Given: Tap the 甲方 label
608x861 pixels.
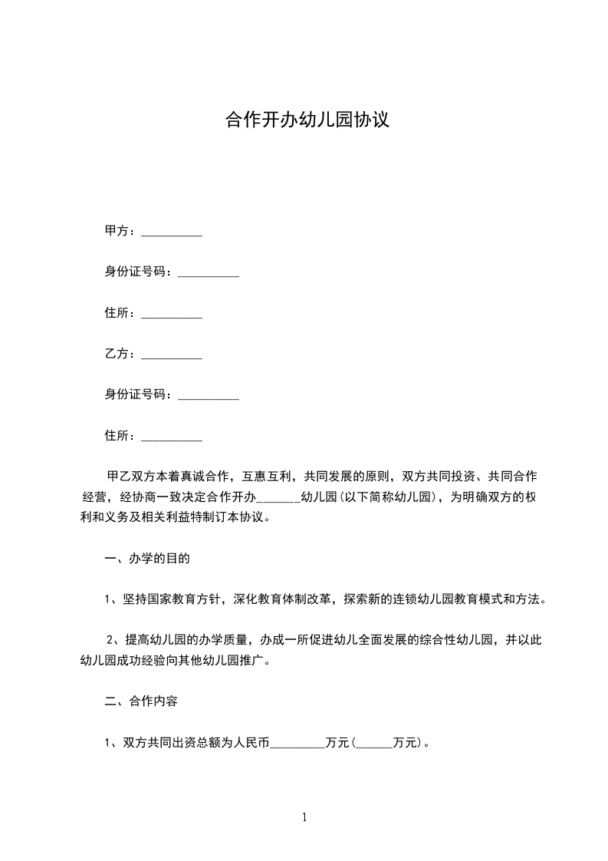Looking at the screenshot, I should coord(118,231).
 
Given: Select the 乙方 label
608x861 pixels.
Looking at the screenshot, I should coord(118,354).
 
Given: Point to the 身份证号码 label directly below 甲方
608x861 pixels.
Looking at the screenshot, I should coord(137,272).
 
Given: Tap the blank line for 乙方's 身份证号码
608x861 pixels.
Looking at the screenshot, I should coord(209,399).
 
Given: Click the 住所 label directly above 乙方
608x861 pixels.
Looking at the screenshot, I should coord(118,313).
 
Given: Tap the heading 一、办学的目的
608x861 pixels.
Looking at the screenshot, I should coord(146,559).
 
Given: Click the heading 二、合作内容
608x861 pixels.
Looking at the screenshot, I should coord(141,701).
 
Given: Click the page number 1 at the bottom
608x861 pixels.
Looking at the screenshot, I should coord(304,817).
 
